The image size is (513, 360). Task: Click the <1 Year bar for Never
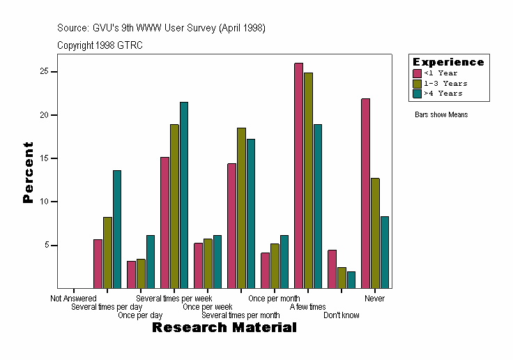point(365,193)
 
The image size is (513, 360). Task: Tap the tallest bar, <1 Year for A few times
point(298,175)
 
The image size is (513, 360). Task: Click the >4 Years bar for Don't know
point(351,279)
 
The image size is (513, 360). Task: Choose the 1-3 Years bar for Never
point(375,232)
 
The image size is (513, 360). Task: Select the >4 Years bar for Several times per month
point(251,213)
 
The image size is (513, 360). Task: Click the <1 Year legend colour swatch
point(418,73)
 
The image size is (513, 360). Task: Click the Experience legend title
point(447,62)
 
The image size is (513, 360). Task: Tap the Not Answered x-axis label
point(73,299)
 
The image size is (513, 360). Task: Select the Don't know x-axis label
point(342,315)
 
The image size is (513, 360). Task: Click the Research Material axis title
point(224,328)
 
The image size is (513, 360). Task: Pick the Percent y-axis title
point(29,172)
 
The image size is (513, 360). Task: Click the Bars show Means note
point(441,114)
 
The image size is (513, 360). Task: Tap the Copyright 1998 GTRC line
point(100,45)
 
